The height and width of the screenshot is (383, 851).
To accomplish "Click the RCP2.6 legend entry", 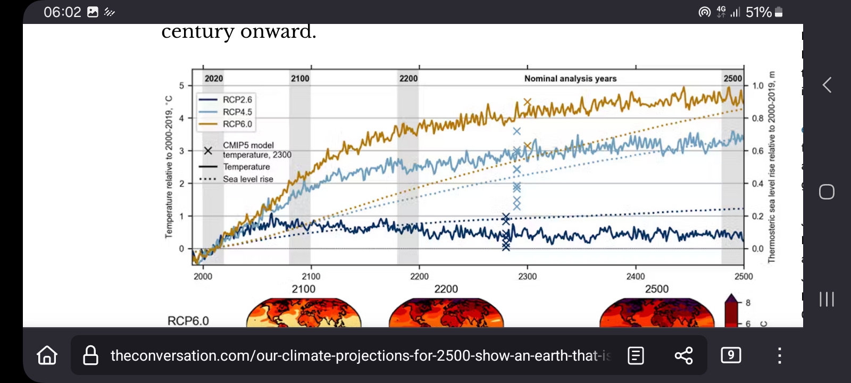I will pos(237,100).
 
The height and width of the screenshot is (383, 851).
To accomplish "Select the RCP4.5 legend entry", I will pos(237,112).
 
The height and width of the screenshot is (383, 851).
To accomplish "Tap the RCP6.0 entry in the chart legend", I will pos(237,124).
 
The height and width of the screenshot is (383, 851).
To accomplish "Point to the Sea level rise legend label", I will pos(248,179).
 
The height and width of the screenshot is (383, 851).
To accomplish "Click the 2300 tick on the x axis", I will pos(528,277).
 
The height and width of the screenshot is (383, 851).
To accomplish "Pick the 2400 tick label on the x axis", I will pos(636,277).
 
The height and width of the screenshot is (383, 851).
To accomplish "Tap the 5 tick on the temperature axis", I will pos(181,86).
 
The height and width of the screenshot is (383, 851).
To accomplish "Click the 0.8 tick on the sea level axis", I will pos(757,119).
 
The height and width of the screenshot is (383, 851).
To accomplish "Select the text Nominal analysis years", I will pos(570,79).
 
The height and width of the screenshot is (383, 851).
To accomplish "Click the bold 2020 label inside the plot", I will pos(214,79).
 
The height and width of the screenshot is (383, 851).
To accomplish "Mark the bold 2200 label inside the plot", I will pos(408,79).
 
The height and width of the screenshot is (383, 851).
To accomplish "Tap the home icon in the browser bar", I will pos(47,355).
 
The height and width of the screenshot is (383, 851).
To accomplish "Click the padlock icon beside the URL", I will pos(91,355).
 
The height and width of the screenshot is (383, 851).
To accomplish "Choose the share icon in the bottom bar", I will pos(683,355).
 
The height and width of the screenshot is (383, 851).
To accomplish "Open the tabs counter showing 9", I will pos(731,355).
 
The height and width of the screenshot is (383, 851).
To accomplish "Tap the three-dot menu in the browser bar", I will pos(779,355).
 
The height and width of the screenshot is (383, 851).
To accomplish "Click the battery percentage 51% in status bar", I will pos(758,12).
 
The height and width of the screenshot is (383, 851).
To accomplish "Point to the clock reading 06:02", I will pos(62,12).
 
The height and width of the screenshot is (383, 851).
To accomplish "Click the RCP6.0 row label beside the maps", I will pos(188,321).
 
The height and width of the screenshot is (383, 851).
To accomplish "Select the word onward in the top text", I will pos(278,32).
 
